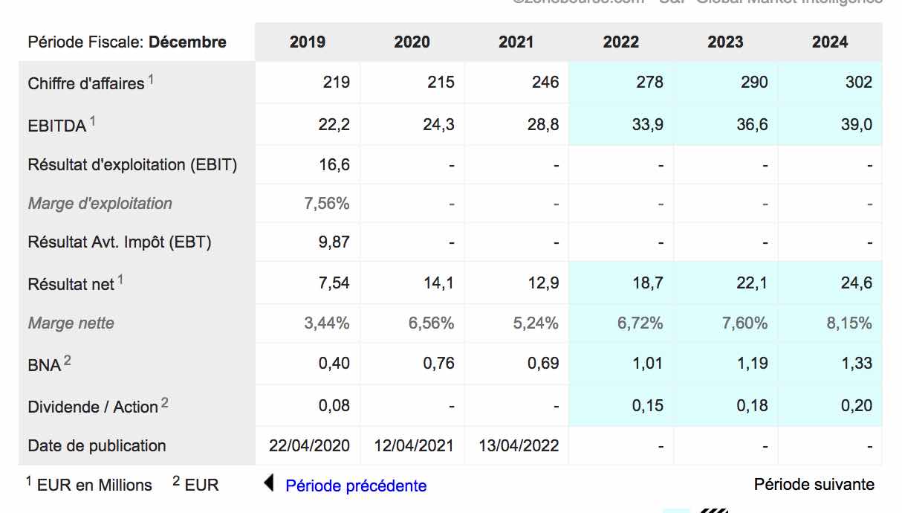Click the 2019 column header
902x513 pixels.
pyautogui.click(x=307, y=42)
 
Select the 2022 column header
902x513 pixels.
pyautogui.click(x=620, y=42)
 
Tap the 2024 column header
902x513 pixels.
pyautogui.click(x=829, y=42)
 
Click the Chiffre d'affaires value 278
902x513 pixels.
pyautogui.click(x=649, y=82)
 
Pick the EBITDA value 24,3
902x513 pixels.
pyautogui.click(x=438, y=125)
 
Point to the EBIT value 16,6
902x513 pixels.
pyautogui.click(x=334, y=164)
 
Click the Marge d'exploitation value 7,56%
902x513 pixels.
pyautogui.click(x=327, y=204)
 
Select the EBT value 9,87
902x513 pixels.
pyautogui.click(x=334, y=242)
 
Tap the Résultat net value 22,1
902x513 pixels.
pyautogui.click(x=752, y=283)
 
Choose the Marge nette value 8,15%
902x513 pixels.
pyautogui.click(x=849, y=323)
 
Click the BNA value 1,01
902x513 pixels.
pyautogui.click(x=647, y=364)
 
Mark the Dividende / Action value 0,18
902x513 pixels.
pyautogui.click(x=752, y=406)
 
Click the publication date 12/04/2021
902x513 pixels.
pyautogui.click(x=414, y=446)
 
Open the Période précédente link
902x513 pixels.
pyautogui.click(x=356, y=486)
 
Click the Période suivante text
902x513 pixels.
pyautogui.click(x=814, y=485)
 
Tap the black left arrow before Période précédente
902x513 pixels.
pyautogui.click(x=269, y=484)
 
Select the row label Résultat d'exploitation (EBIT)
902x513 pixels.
pyautogui.click(x=132, y=165)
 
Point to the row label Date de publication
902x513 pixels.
pyautogui.click(x=97, y=446)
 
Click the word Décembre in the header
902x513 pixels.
pyautogui.click(x=187, y=42)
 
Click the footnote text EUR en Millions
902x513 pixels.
pyautogui.click(x=94, y=485)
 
